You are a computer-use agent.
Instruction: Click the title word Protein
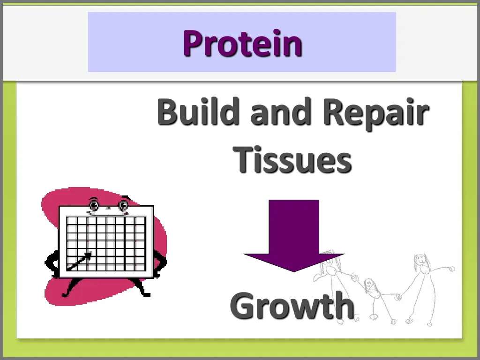pos(242,43)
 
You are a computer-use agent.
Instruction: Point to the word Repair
pos(375,113)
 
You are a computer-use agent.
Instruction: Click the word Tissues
pos(292,159)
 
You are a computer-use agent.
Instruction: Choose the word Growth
pos(292,305)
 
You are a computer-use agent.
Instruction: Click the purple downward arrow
pos(294,234)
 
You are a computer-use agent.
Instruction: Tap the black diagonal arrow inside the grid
pos(79,262)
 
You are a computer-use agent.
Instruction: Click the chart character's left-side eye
pos(94,205)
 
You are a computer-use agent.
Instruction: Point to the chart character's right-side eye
pos(123,205)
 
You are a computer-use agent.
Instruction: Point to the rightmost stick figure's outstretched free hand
pos(452,269)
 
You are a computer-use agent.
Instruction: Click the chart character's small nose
pos(109,207)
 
